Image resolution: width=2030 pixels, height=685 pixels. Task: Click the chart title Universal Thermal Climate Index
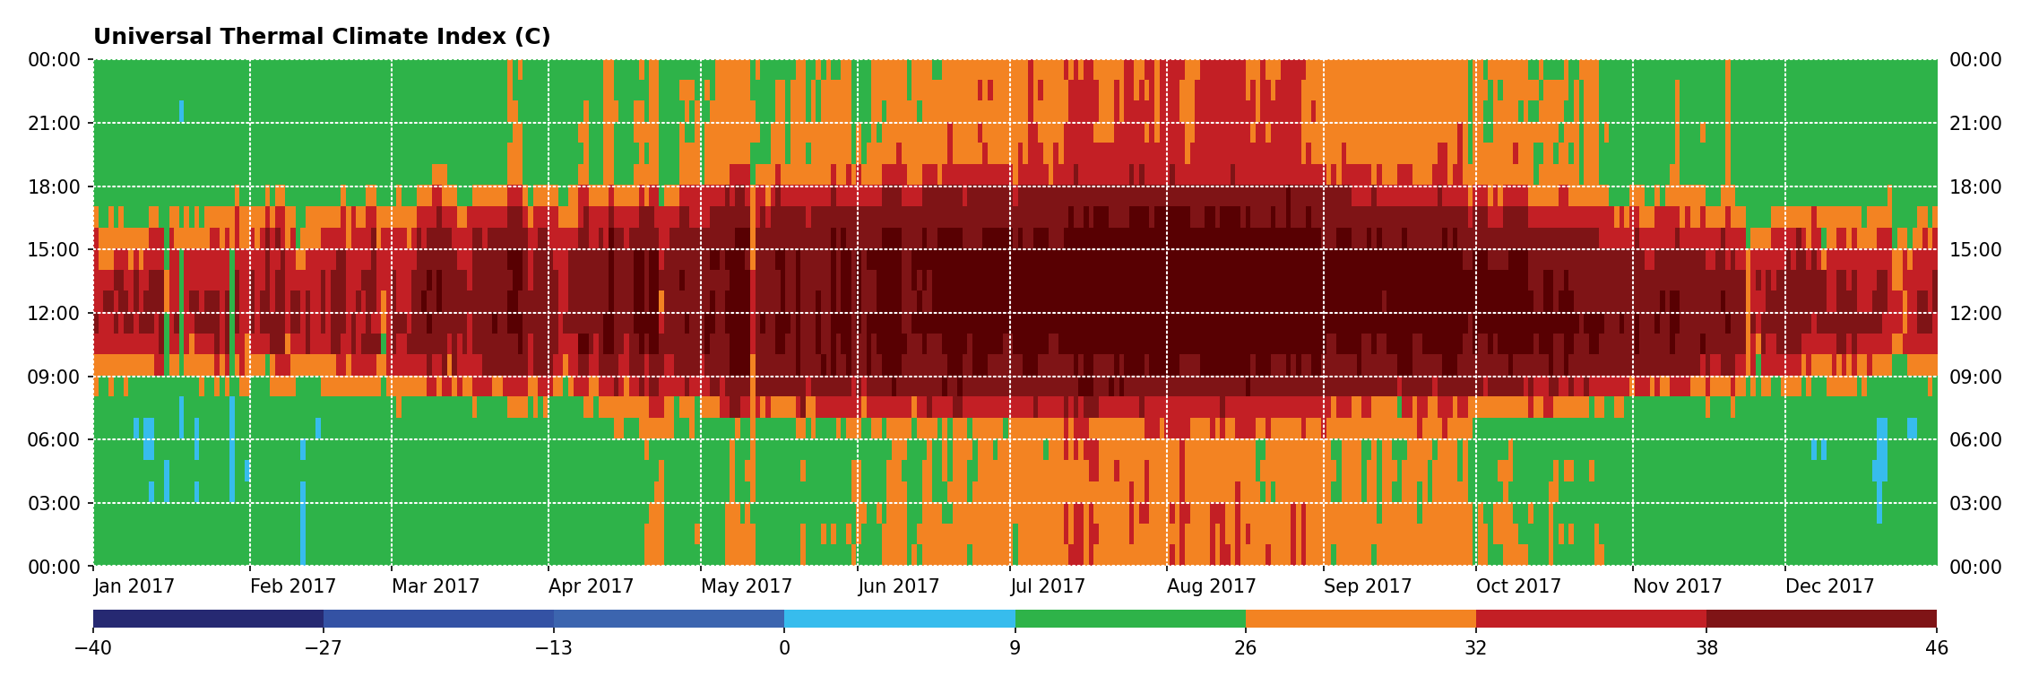click(322, 37)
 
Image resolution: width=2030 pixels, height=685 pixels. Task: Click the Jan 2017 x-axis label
click(134, 586)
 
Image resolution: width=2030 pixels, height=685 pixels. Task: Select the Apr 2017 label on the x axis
click(592, 586)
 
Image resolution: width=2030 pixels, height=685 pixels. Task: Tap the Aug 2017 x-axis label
click(1212, 586)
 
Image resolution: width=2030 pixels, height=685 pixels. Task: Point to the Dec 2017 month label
click(1830, 586)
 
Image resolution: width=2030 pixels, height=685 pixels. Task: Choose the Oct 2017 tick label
click(1519, 586)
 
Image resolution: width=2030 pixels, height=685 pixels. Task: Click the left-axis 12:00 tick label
click(55, 314)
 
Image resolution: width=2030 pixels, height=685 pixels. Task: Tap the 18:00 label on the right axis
click(1975, 187)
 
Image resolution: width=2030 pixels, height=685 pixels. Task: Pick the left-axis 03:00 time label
click(55, 504)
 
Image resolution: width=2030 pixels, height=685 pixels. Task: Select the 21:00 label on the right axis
click(1975, 124)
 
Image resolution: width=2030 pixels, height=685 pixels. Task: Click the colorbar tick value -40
click(93, 648)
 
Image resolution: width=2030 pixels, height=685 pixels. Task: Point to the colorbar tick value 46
click(1936, 648)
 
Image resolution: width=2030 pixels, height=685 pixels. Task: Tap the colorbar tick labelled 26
click(1246, 648)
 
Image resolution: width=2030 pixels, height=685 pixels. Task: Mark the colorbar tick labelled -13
click(554, 648)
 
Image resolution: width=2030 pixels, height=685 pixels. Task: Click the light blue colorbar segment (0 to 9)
click(900, 619)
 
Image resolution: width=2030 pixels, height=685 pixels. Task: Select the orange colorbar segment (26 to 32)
click(1361, 619)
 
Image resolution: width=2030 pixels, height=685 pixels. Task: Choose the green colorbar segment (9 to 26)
click(1130, 619)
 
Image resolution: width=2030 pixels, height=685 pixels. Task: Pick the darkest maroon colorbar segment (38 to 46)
click(1821, 619)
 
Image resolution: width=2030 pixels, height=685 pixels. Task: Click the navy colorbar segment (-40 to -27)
click(208, 619)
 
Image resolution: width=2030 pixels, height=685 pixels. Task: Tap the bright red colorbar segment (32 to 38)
click(1591, 619)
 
